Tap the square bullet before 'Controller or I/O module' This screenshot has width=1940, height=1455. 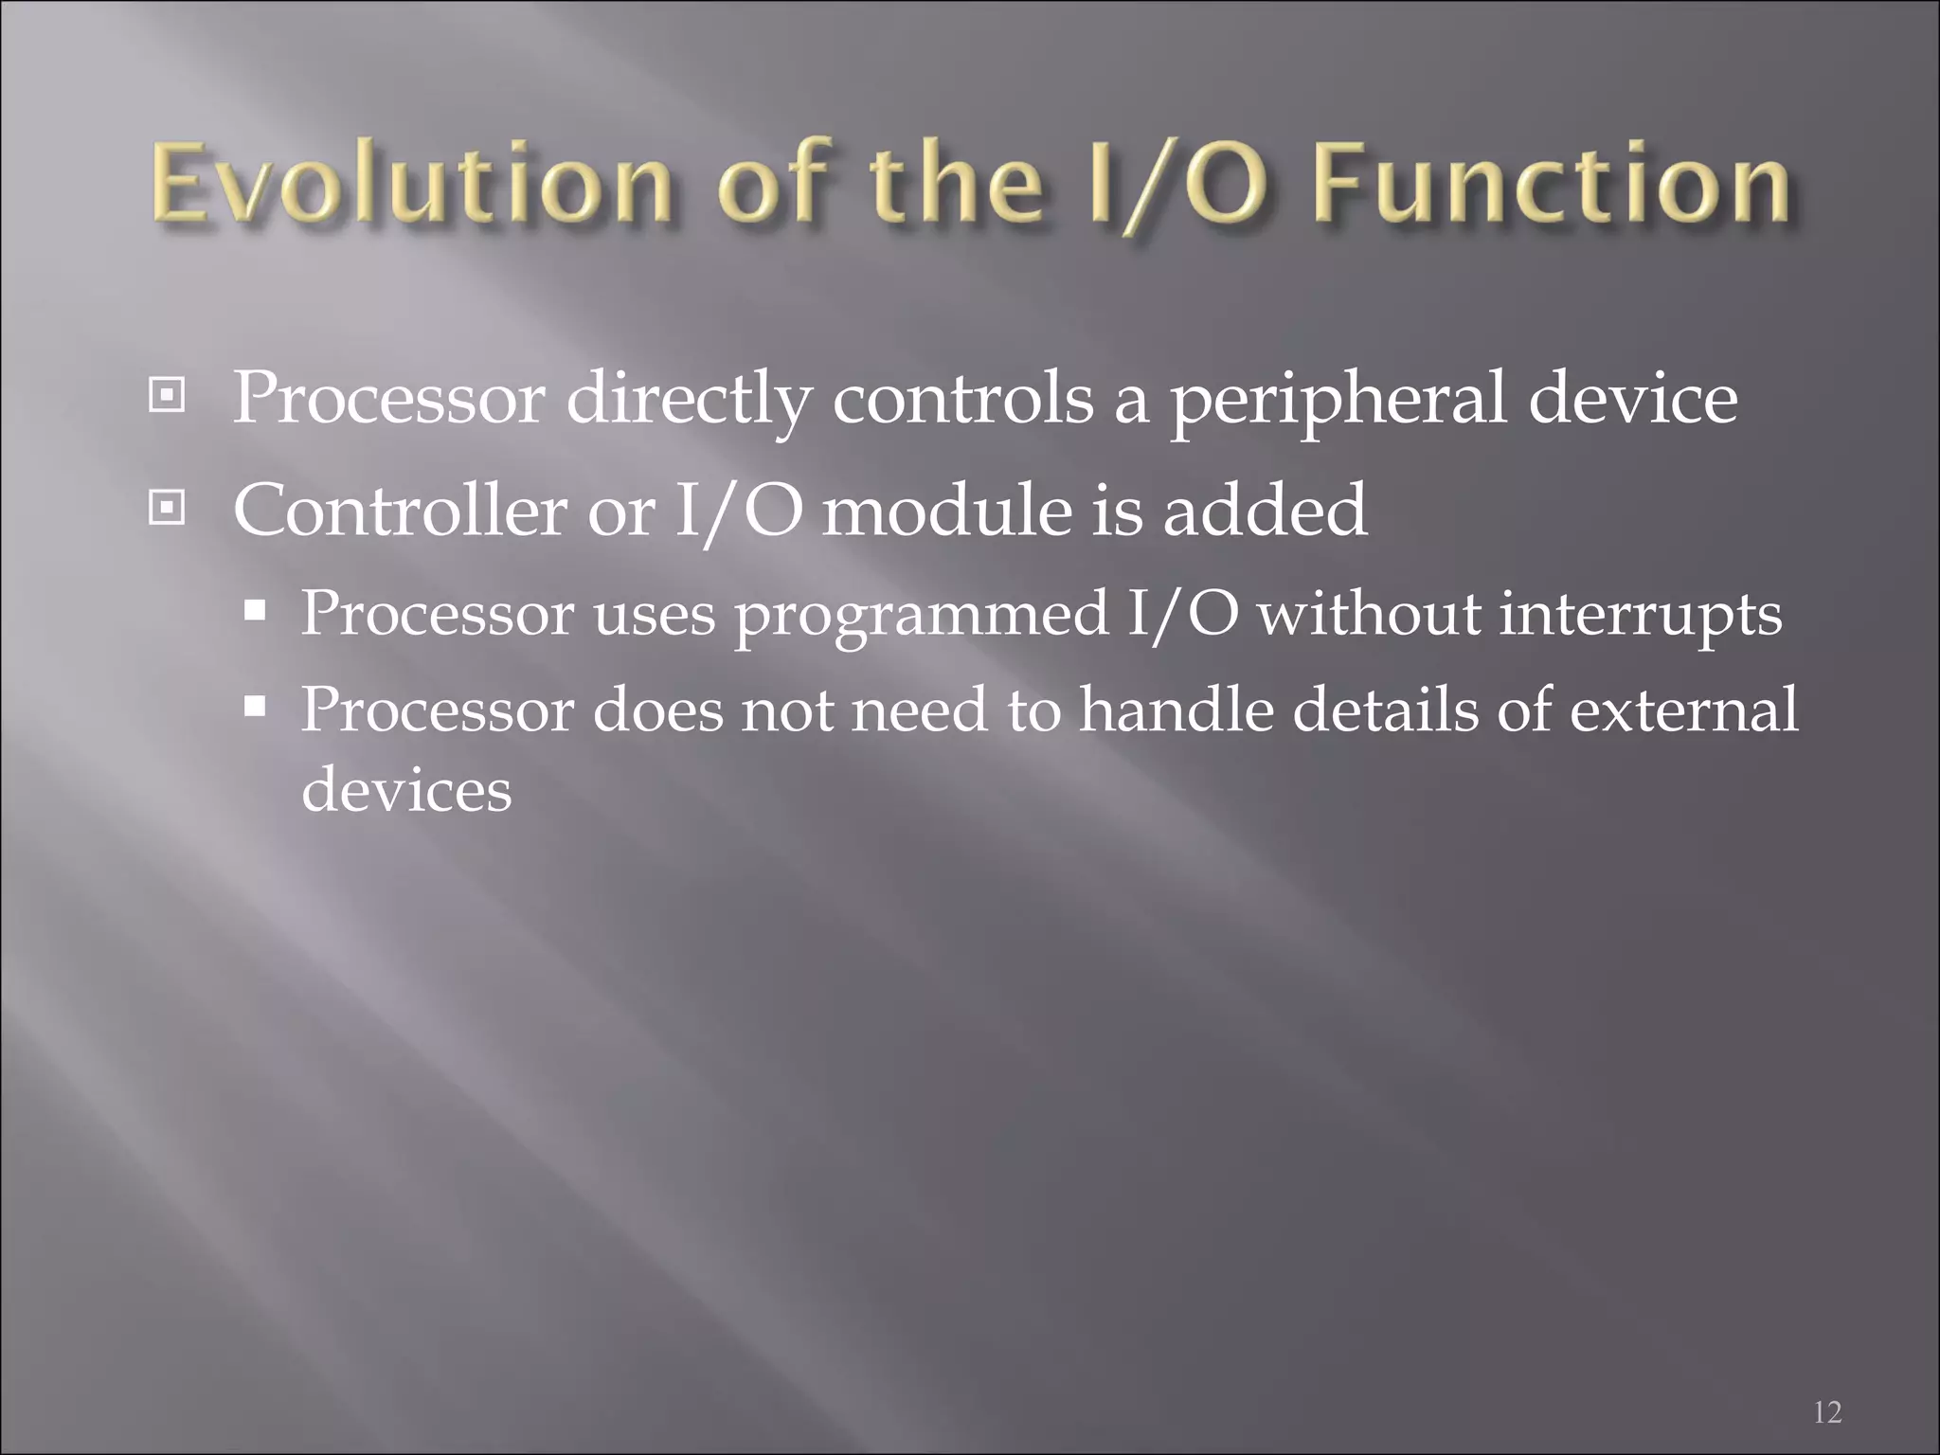167,510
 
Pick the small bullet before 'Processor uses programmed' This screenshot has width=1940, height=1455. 255,611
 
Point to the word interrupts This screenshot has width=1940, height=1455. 1640,614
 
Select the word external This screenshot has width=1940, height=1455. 1683,710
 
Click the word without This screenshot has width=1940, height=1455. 1367,614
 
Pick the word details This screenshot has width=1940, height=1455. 1384,710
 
